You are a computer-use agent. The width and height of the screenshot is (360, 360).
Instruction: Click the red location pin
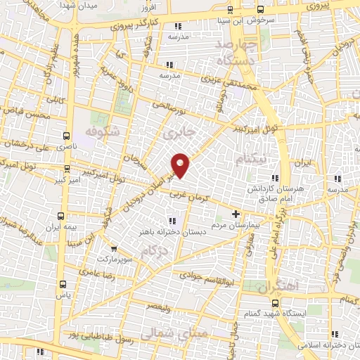[x=181, y=165]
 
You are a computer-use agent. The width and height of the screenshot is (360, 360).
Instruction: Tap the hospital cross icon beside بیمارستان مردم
[x=236, y=214]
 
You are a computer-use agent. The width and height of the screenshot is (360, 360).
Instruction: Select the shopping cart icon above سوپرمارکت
[x=114, y=248]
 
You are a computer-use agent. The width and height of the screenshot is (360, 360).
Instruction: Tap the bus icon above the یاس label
[x=63, y=284]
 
